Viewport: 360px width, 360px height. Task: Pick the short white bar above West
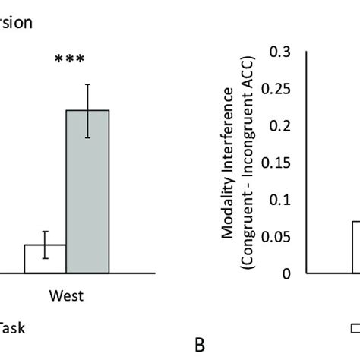point(46,258)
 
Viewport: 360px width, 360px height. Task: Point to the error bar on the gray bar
point(88,111)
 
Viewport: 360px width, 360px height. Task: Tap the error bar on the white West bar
point(46,245)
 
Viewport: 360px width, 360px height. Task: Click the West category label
point(67,295)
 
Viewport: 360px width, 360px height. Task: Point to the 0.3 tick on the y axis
point(280,52)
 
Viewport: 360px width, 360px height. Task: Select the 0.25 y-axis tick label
point(277,89)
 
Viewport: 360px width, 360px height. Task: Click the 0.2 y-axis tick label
point(280,126)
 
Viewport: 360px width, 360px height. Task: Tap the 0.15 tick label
point(277,163)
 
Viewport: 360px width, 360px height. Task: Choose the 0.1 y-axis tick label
point(280,200)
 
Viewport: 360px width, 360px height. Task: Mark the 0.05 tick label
point(277,237)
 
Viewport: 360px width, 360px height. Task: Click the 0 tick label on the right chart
point(286,273)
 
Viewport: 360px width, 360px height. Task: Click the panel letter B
point(200,346)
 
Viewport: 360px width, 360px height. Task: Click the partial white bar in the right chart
point(355,247)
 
